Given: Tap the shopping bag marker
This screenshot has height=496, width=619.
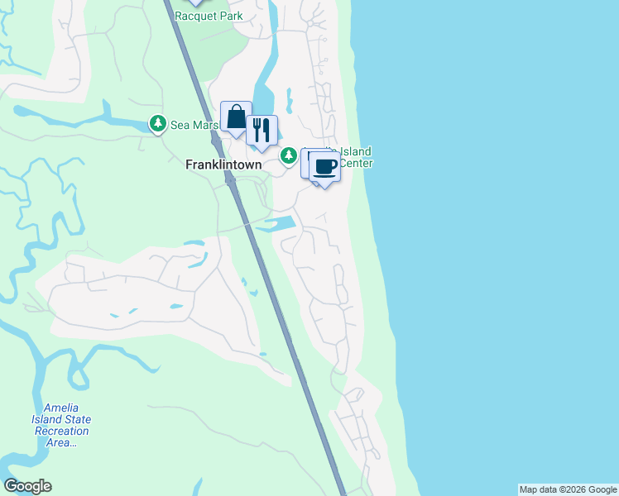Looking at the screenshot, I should pyautogui.click(x=236, y=117).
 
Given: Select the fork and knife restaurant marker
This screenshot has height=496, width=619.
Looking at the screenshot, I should pyautogui.click(x=262, y=130).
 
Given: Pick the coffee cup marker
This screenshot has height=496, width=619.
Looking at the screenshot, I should pyautogui.click(x=324, y=166).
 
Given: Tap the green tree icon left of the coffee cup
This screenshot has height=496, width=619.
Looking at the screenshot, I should pyautogui.click(x=289, y=155).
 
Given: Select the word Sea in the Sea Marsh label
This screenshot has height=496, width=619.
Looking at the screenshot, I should pyautogui.click(x=180, y=125).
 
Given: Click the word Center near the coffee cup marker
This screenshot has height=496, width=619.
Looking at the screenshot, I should pyautogui.click(x=357, y=163).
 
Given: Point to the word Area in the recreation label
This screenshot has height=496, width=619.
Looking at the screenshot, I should pyautogui.click(x=57, y=442).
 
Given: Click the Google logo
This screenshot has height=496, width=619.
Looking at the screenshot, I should pyautogui.click(x=27, y=486).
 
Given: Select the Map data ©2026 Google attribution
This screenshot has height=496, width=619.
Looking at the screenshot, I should pyautogui.click(x=568, y=489).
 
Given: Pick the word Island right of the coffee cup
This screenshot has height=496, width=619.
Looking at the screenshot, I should pyautogui.click(x=354, y=152).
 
